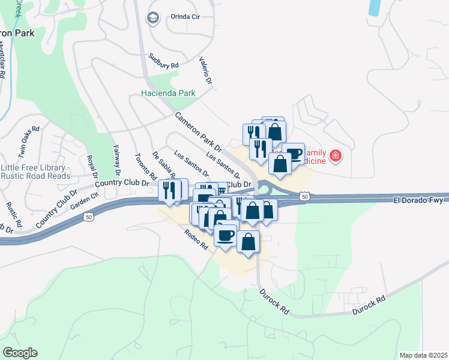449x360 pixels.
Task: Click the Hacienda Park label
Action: pyautogui.click(x=169, y=93)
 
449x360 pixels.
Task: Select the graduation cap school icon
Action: pyautogui.click(x=152, y=17)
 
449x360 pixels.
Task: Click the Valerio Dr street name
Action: pyautogui.click(x=206, y=71)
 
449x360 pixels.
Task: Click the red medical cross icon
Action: pyautogui.click(x=336, y=157)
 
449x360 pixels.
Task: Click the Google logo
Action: pyautogui.click(x=20, y=353)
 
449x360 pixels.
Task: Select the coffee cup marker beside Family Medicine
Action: pyautogui.click(x=293, y=153)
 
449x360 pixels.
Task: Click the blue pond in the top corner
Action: pyautogui.click(x=376, y=7)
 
